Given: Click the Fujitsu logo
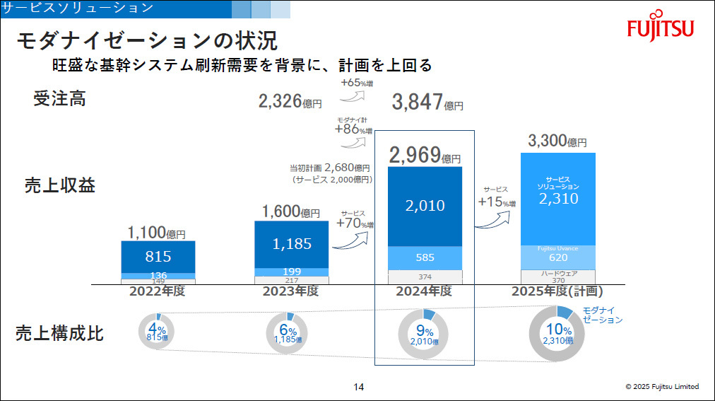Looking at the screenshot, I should tap(661, 28).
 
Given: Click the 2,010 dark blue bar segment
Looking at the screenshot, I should tap(425, 207).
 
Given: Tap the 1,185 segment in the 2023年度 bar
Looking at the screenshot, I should tap(292, 244).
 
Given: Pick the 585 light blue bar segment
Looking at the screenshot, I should tap(425, 257).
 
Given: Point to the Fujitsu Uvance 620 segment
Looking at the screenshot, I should tap(557, 257).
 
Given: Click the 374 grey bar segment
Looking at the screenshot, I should tap(425, 277).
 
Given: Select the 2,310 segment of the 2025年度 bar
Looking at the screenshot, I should tap(557, 199).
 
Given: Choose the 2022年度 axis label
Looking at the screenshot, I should tap(156, 291).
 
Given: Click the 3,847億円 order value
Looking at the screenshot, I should tap(427, 103).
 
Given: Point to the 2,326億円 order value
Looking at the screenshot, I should tap(290, 102).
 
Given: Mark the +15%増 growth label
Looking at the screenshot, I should tap(497, 202).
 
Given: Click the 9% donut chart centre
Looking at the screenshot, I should tap(425, 334).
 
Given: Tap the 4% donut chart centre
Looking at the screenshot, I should tap(157, 333).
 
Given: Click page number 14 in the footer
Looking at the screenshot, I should tap(358, 387).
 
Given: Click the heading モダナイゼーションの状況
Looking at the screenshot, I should tap(146, 41).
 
